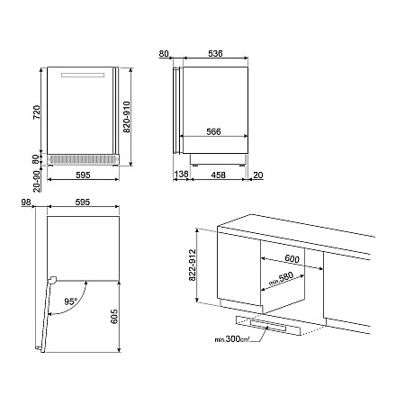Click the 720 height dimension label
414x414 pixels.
pos(36,112)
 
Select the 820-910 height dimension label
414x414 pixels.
pos(127,117)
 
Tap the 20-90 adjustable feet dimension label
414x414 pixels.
pos(37,181)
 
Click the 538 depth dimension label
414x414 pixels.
pos(215,53)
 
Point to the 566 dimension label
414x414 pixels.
pos(213,131)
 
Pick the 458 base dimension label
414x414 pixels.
pos(218,175)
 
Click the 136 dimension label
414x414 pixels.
pos(181,174)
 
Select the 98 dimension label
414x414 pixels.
pos(26,202)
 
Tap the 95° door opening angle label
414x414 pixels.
pos(71,301)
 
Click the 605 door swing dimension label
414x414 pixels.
pos(114,317)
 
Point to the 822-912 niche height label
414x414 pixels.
pos(193,265)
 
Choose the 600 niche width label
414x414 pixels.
pos(292,258)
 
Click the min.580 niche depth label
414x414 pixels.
pos(281,279)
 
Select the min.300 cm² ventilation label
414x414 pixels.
pos(232,339)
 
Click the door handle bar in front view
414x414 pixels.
pos(83,75)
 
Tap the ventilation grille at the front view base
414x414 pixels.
pos(82,159)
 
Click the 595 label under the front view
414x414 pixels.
pos(83,175)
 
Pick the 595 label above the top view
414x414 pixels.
pos(83,202)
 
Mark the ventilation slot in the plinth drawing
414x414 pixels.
pos(268,326)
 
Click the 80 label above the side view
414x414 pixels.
pos(164,54)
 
